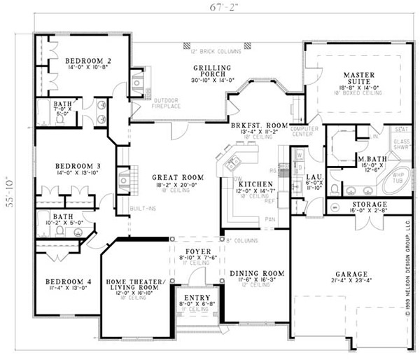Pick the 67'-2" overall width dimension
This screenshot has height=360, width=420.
tap(218, 9)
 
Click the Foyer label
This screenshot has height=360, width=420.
tap(194, 250)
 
